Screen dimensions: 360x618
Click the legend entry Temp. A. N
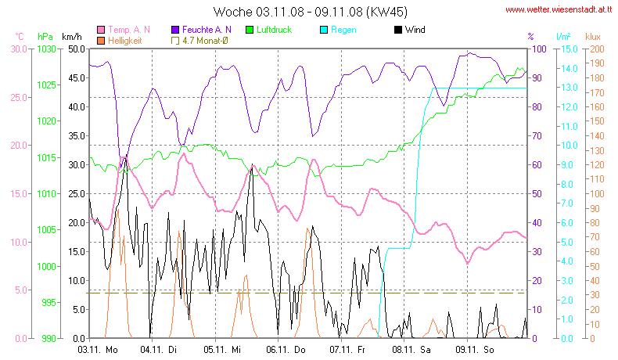[x=129, y=30]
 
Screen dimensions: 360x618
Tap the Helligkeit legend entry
[x=124, y=40]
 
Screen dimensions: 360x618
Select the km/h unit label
[x=72, y=36]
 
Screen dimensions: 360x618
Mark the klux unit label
[x=594, y=36]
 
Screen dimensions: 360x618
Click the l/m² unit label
[x=563, y=36]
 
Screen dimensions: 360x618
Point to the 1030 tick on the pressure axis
[x=46, y=49]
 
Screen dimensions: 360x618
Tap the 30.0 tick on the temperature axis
[x=18, y=49]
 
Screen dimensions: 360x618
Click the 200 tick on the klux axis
[x=595, y=49]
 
